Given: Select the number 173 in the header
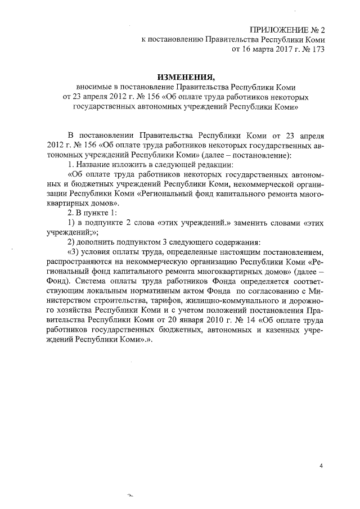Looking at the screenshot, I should [x=317, y=49].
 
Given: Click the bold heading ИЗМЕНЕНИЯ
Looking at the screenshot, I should [x=186, y=77].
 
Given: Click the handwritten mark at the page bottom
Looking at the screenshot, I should [x=132, y=496].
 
